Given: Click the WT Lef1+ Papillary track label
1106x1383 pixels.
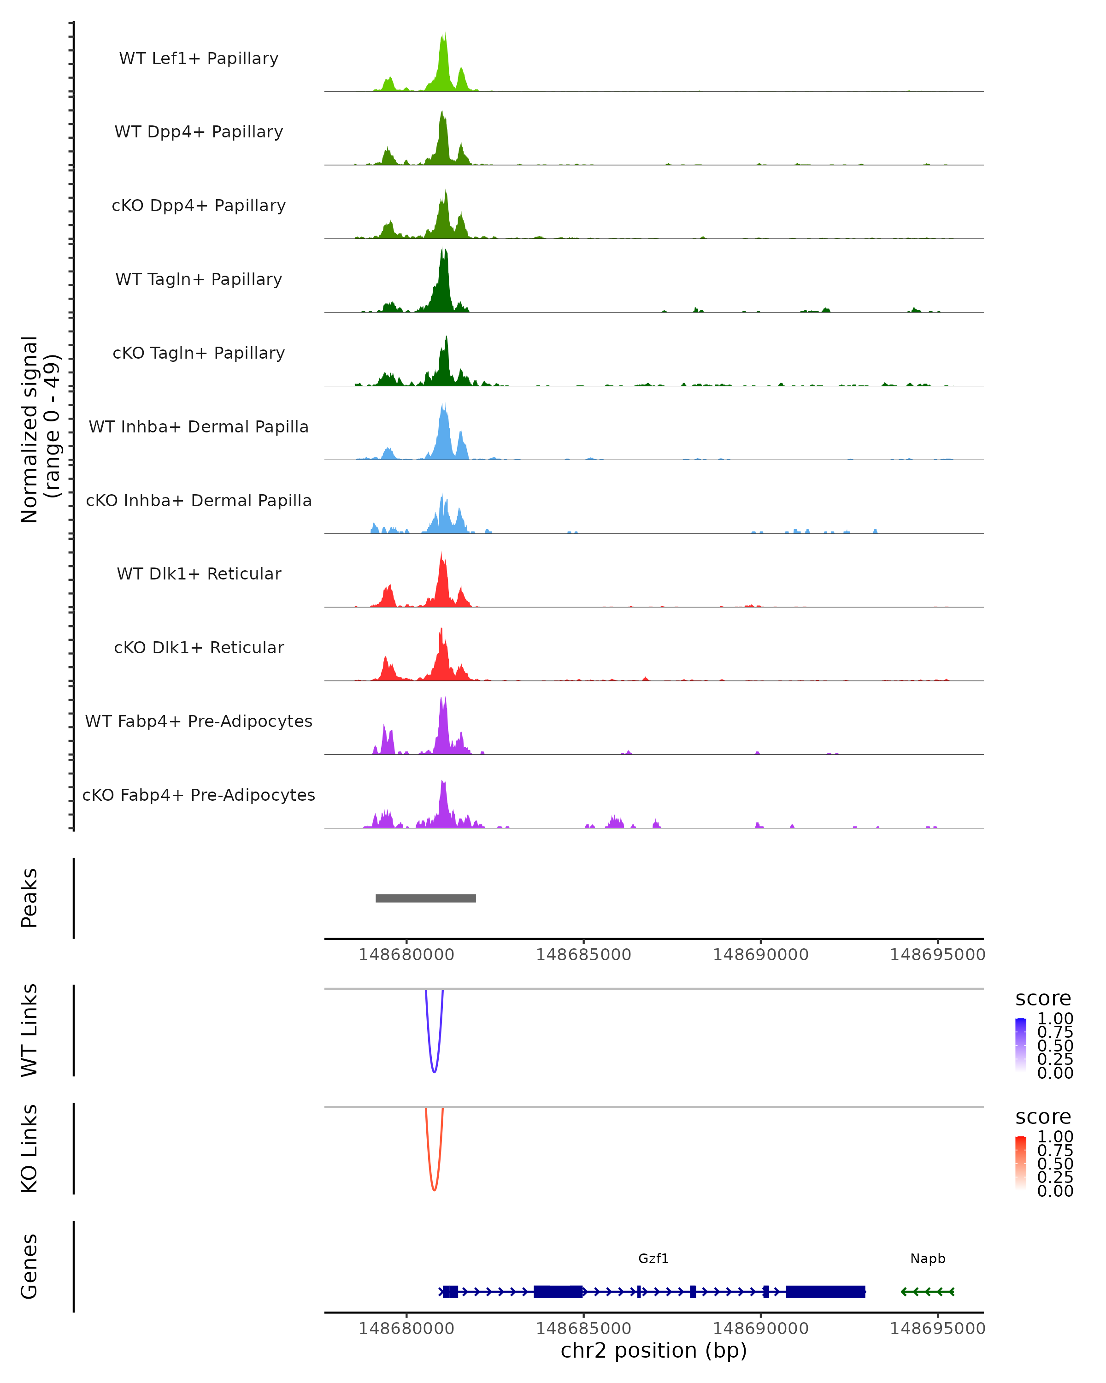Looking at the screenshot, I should [x=199, y=59].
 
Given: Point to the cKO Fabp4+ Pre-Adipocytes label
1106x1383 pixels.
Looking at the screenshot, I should [x=199, y=795].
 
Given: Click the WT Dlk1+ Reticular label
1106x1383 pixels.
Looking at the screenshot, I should [x=199, y=573].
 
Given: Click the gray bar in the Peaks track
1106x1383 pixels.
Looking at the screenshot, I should [x=426, y=898].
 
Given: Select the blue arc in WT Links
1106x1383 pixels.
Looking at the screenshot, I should [x=434, y=1070].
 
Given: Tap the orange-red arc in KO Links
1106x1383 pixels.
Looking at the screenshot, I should [x=434, y=1188].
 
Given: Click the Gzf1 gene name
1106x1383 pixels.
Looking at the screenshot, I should [x=653, y=1259].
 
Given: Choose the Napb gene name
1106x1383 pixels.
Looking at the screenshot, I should [x=928, y=1259].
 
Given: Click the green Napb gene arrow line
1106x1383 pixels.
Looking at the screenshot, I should [x=928, y=1292].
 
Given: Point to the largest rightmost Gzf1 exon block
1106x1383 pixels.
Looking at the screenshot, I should [x=825, y=1292].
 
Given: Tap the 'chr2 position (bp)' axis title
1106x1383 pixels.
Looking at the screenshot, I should [x=653, y=1351].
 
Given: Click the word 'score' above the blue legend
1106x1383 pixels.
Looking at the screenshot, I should [x=1043, y=999].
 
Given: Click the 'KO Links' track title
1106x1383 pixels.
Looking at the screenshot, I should [x=29, y=1148].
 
